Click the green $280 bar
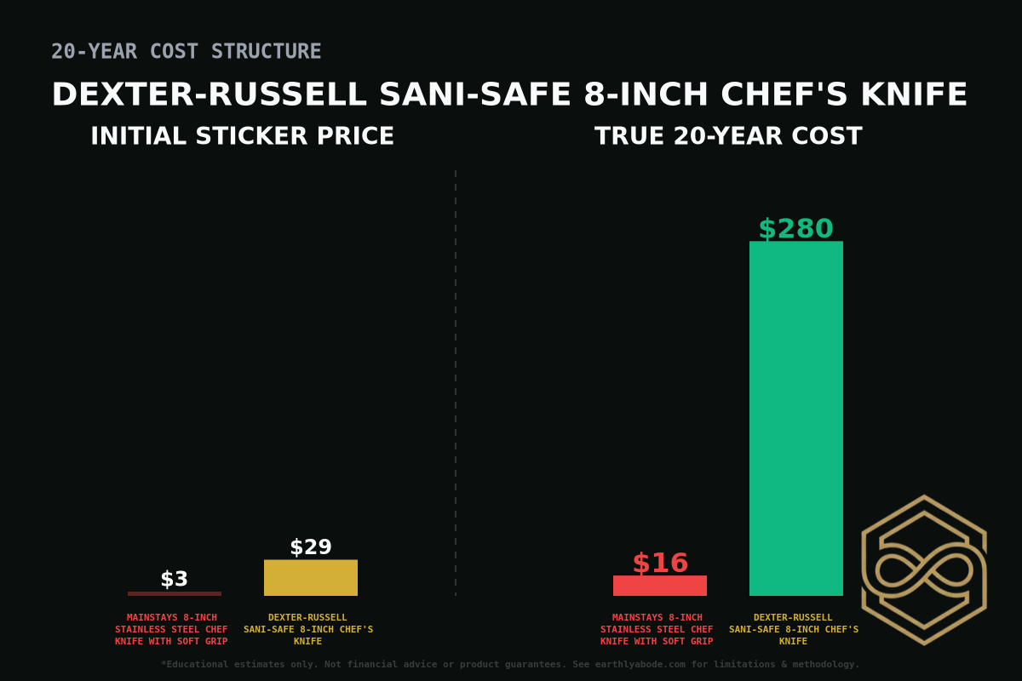click(x=795, y=418)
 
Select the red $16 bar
click(x=659, y=586)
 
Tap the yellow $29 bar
click(x=310, y=578)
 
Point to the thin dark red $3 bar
click(x=174, y=593)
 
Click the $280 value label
click(x=795, y=229)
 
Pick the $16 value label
click(x=659, y=564)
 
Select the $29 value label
click(x=310, y=547)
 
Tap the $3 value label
click(x=174, y=579)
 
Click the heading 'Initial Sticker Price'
click(x=242, y=136)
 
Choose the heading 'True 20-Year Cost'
click(x=728, y=136)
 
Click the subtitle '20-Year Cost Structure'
click(x=186, y=51)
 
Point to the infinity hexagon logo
click(x=924, y=569)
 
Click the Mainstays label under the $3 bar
click(x=171, y=629)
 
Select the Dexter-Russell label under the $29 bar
click(x=307, y=629)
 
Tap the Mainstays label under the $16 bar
click(x=657, y=629)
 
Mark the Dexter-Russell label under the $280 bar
click(x=793, y=629)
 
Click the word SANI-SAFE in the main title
click(x=474, y=94)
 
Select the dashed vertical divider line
click(x=456, y=383)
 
